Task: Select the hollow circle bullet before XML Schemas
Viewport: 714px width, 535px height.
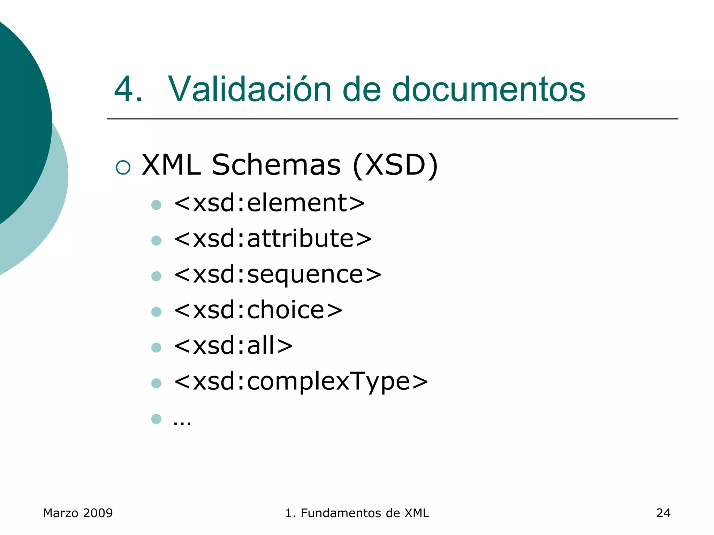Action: (123, 167)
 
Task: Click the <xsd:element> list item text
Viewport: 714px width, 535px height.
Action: (269, 203)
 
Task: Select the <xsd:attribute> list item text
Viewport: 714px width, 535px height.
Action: (273, 239)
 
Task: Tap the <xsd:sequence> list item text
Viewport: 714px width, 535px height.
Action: (278, 274)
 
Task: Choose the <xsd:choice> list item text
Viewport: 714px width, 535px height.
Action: (258, 310)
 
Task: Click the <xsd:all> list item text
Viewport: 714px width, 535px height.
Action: (233, 346)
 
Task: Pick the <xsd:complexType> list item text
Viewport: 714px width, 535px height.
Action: (301, 382)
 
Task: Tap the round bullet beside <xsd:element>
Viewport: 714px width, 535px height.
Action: (157, 205)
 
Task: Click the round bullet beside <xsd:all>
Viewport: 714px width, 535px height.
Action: (157, 348)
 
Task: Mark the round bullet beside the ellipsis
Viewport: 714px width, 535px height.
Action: (157, 419)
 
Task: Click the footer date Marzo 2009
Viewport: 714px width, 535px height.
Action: (78, 513)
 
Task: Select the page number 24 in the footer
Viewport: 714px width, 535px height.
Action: (663, 513)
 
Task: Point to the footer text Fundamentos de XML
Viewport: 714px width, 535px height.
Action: (365, 513)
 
